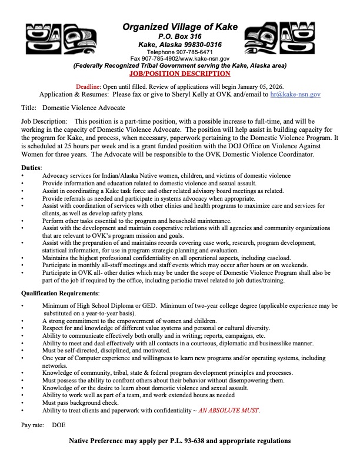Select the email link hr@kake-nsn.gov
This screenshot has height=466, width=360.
click(x=295, y=94)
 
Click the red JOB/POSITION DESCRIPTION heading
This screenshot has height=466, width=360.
click(x=179, y=74)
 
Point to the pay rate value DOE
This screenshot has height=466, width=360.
click(x=59, y=424)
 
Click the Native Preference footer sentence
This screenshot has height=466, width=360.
click(x=179, y=441)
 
